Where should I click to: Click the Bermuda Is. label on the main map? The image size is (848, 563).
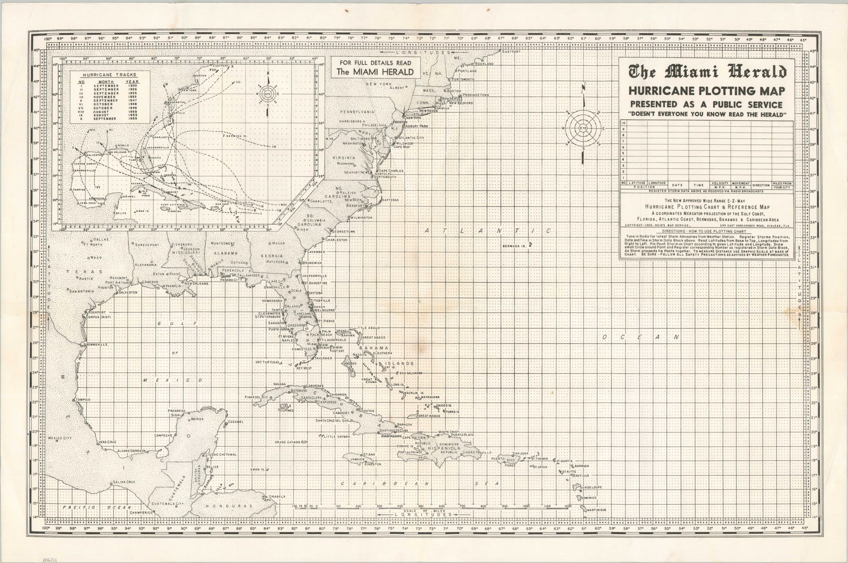[x=514, y=246]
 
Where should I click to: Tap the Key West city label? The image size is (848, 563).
[x=304, y=368]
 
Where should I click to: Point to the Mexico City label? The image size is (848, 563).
[x=60, y=438]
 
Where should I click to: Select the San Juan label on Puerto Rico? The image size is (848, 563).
[x=521, y=453]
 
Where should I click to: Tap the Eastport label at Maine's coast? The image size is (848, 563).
[x=511, y=52]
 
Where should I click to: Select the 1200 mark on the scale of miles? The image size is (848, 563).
[x=567, y=506]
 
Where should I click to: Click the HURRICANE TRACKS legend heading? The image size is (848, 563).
[x=109, y=75]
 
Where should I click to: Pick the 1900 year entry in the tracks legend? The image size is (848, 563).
[x=133, y=86]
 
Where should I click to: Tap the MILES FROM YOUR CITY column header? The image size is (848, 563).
[x=782, y=185]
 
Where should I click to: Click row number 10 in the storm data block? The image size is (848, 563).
[x=623, y=123]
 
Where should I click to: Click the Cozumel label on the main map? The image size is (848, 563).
[x=235, y=421]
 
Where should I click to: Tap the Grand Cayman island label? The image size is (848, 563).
[x=287, y=442]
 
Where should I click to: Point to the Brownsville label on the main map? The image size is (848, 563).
[x=95, y=344]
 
